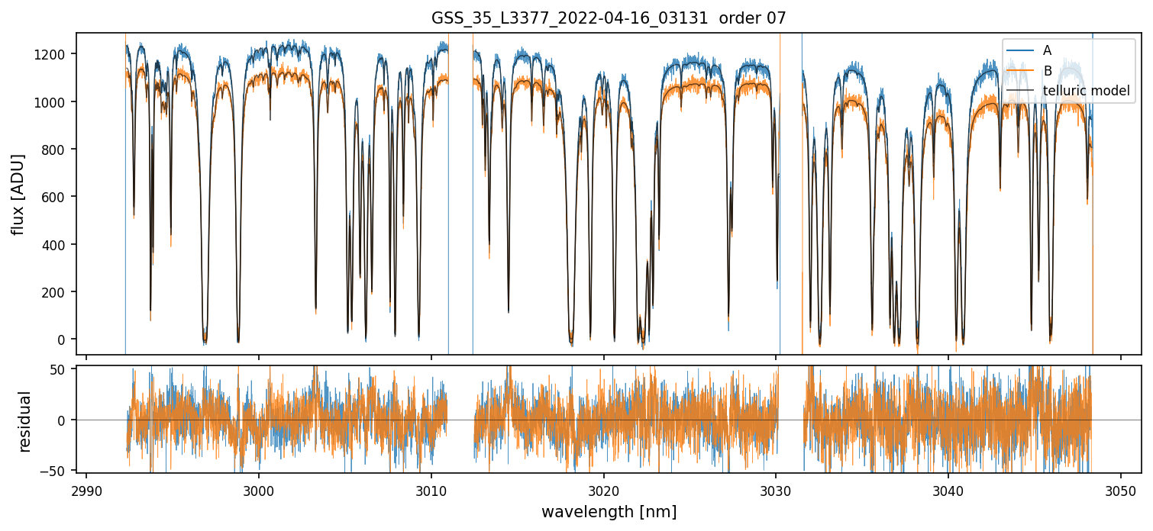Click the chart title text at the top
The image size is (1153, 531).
click(609, 18)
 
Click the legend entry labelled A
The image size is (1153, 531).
click(1047, 50)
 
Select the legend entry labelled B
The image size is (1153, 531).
click(1047, 71)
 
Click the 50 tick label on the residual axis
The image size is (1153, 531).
click(63, 370)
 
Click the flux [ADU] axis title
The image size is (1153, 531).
click(18, 194)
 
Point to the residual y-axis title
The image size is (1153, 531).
click(25, 421)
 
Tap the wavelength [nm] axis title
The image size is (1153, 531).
click(609, 511)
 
